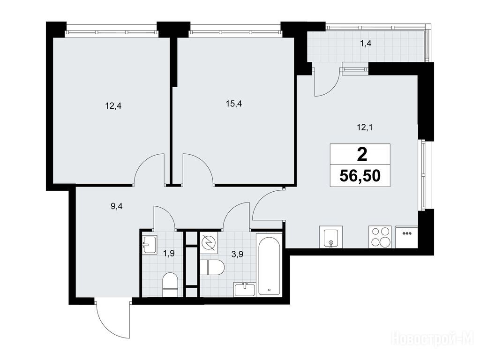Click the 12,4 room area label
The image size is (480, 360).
(x=113, y=106)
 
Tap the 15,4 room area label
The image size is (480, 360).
(x=234, y=104)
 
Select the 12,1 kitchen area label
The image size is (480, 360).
(x=364, y=127)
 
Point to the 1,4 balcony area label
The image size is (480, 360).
(x=366, y=44)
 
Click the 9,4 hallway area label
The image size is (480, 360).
(x=117, y=206)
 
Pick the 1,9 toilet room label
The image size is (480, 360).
(x=169, y=254)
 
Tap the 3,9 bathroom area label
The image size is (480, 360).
(x=237, y=255)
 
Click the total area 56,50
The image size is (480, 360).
(x=360, y=176)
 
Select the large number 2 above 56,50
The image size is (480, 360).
(x=362, y=155)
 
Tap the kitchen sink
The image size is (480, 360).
(x=330, y=237)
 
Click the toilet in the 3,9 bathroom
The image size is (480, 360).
(x=212, y=267)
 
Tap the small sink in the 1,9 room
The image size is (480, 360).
(x=150, y=244)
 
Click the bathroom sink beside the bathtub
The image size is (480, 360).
(x=245, y=290)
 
